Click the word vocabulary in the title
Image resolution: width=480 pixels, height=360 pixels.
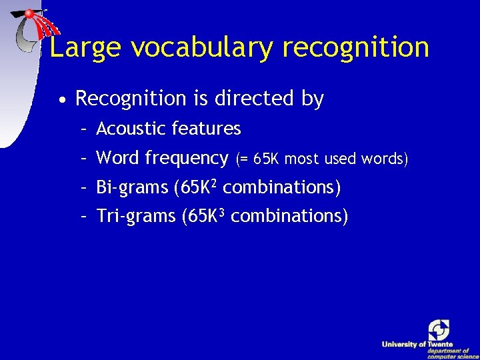click(x=202, y=48)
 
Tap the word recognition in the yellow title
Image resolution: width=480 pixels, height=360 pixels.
click(x=356, y=48)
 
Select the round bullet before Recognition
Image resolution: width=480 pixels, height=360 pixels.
click(x=61, y=100)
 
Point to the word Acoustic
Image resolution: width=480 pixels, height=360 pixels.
click(x=131, y=128)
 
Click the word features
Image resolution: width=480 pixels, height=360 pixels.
click(x=206, y=128)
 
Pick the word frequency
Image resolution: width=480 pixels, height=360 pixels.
click(x=187, y=159)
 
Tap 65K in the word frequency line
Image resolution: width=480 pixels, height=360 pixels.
click(x=267, y=159)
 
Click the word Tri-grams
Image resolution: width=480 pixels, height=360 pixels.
click(x=136, y=217)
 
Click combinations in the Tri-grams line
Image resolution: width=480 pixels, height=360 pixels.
click(x=289, y=217)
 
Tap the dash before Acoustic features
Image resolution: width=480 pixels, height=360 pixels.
click(x=84, y=128)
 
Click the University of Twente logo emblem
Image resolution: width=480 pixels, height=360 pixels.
click(x=439, y=330)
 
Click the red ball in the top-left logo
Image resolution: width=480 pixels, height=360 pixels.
click(x=30, y=13)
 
